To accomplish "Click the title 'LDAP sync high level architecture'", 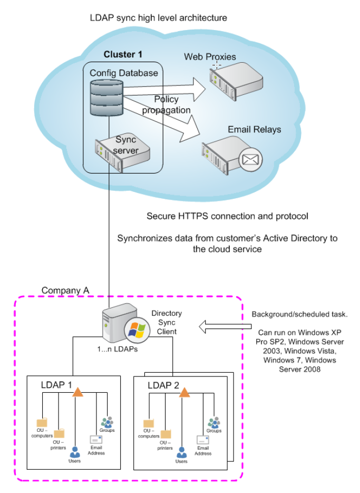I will [159, 18].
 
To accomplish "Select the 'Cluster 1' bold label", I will [123, 54].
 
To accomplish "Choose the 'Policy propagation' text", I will [166, 104].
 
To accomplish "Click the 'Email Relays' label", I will [254, 129].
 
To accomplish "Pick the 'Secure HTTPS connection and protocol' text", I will [227, 216].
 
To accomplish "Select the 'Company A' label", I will [65, 291].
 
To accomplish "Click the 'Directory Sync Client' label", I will [166, 322].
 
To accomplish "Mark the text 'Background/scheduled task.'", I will [299, 315].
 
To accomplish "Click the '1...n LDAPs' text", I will [118, 350].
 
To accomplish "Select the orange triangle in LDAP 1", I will [77, 391].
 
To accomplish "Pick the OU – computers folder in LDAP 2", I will [149, 423].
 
